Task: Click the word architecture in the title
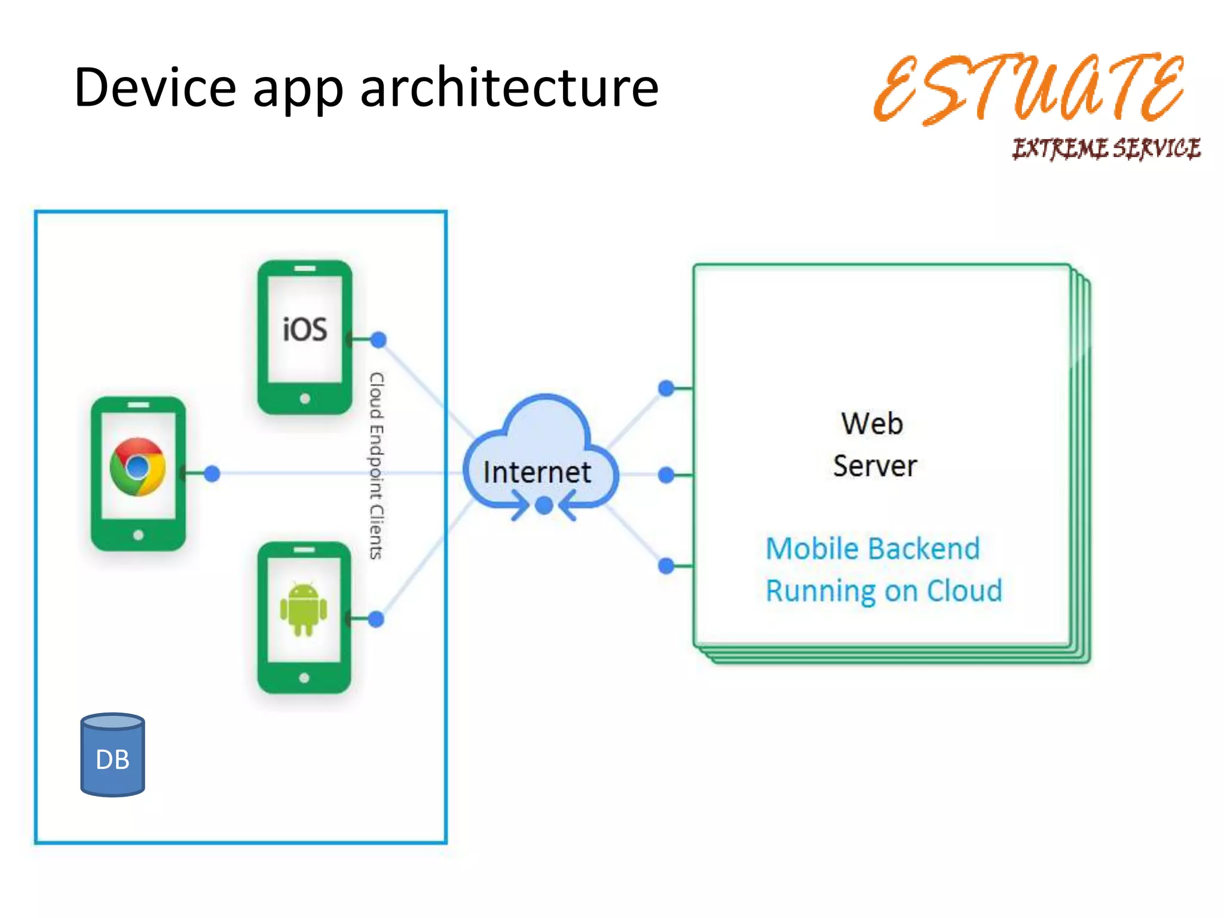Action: pos(509,88)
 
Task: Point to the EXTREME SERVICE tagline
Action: pos(1106,148)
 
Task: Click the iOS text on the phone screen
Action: pos(305,329)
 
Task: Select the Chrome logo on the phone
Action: pos(138,467)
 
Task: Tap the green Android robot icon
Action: pos(304,609)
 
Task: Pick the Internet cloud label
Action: pos(537,472)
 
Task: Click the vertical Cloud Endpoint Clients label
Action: pos(376,466)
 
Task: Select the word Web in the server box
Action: pos(872,423)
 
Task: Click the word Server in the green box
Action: pos(875,466)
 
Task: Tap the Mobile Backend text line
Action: pos(873,548)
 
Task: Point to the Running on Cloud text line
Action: pos(883,590)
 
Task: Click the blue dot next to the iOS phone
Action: pos(378,340)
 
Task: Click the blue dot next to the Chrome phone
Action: pos(212,474)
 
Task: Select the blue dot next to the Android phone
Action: pos(376,619)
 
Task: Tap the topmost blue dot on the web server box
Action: pos(666,388)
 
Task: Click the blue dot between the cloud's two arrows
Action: pos(544,506)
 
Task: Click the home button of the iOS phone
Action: pos(305,399)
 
